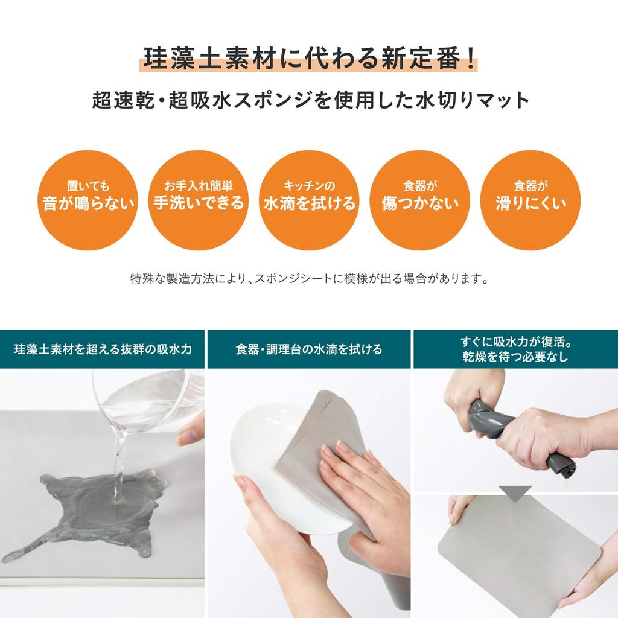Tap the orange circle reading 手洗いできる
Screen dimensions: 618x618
[x=198, y=200]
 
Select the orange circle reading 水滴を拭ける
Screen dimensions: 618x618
[x=309, y=200]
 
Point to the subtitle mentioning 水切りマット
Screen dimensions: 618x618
[x=309, y=100]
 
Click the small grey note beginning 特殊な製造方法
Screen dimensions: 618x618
[x=309, y=279]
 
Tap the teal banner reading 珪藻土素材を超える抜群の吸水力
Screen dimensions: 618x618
[x=103, y=349]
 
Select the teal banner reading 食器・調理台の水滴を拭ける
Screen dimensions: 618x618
[x=309, y=349]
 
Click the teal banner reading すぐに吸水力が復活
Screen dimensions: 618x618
[x=515, y=349]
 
